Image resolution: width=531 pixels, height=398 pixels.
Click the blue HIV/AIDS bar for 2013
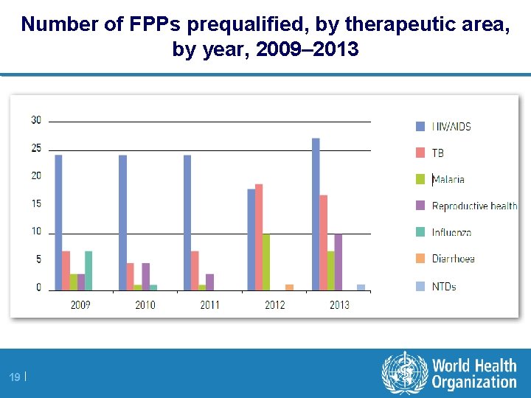tap(316, 214)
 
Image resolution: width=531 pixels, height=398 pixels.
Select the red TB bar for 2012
tap(259, 237)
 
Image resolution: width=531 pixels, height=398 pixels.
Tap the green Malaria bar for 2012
tap(266, 262)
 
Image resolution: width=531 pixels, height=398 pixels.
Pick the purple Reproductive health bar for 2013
tap(339, 262)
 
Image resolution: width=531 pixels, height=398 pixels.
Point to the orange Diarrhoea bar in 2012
tap(289, 287)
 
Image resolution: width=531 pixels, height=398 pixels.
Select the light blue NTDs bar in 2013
tap(361, 287)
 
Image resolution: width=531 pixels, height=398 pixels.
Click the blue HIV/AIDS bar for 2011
tap(187, 222)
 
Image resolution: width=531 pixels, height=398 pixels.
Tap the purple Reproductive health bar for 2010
tap(146, 276)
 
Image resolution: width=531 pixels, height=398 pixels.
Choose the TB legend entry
tap(437, 153)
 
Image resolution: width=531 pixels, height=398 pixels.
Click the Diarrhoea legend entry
tap(453, 259)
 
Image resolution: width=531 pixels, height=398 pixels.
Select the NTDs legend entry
tap(443, 286)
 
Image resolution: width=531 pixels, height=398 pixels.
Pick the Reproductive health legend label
tap(474, 206)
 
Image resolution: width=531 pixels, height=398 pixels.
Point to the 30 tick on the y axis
tap(36, 120)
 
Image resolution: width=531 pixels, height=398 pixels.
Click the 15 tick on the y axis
tap(36, 203)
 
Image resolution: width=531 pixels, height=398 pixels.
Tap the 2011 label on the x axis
tap(209, 304)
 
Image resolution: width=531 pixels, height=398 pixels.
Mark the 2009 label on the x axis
tap(80, 304)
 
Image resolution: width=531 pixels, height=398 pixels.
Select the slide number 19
tap(14, 377)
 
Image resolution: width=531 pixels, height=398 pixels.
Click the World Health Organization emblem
tap(404, 374)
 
